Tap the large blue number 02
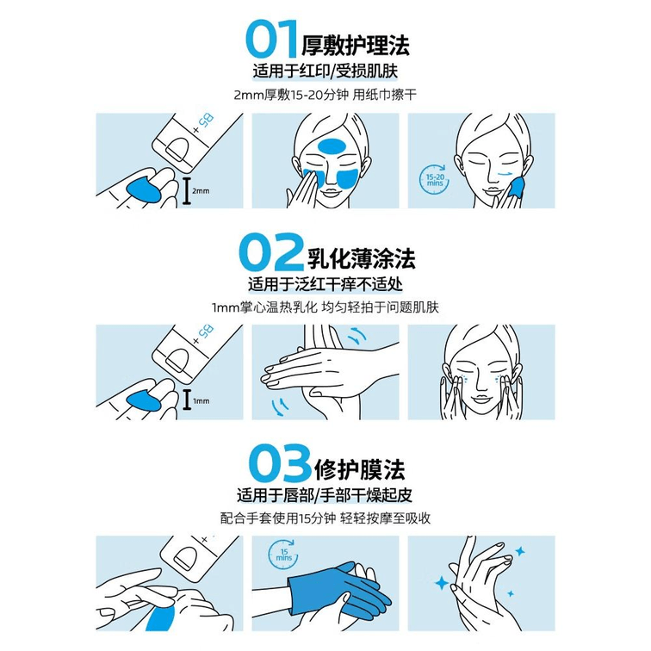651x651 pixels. [x=271, y=253]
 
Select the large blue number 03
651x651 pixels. [x=280, y=463]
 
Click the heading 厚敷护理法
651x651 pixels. [x=356, y=46]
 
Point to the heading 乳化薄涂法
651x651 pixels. [x=361, y=258]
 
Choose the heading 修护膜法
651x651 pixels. [x=360, y=470]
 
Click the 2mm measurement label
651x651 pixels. [x=201, y=191]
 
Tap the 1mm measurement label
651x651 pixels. [x=201, y=401]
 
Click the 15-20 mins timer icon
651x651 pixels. [x=434, y=180]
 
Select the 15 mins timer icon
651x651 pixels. [x=283, y=555]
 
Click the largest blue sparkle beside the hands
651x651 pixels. [x=442, y=583]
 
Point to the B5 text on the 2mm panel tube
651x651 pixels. [x=207, y=121]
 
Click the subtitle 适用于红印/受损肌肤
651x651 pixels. [x=325, y=71]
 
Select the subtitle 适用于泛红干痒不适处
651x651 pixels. [x=325, y=284]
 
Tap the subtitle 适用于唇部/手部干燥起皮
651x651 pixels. [x=325, y=495]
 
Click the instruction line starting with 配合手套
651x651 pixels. [x=325, y=518]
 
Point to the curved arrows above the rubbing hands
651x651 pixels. [x=355, y=336]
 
